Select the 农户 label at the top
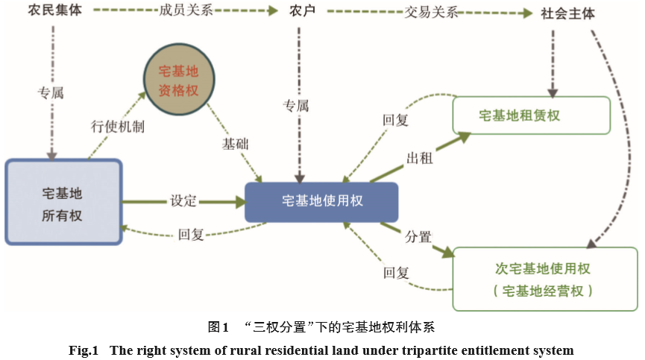tap(303, 13)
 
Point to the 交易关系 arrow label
tap(432, 13)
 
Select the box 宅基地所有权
tap(63, 202)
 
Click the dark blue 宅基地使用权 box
tap(322, 201)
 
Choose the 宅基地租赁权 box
tap(531, 116)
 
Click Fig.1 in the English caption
tap(84, 350)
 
